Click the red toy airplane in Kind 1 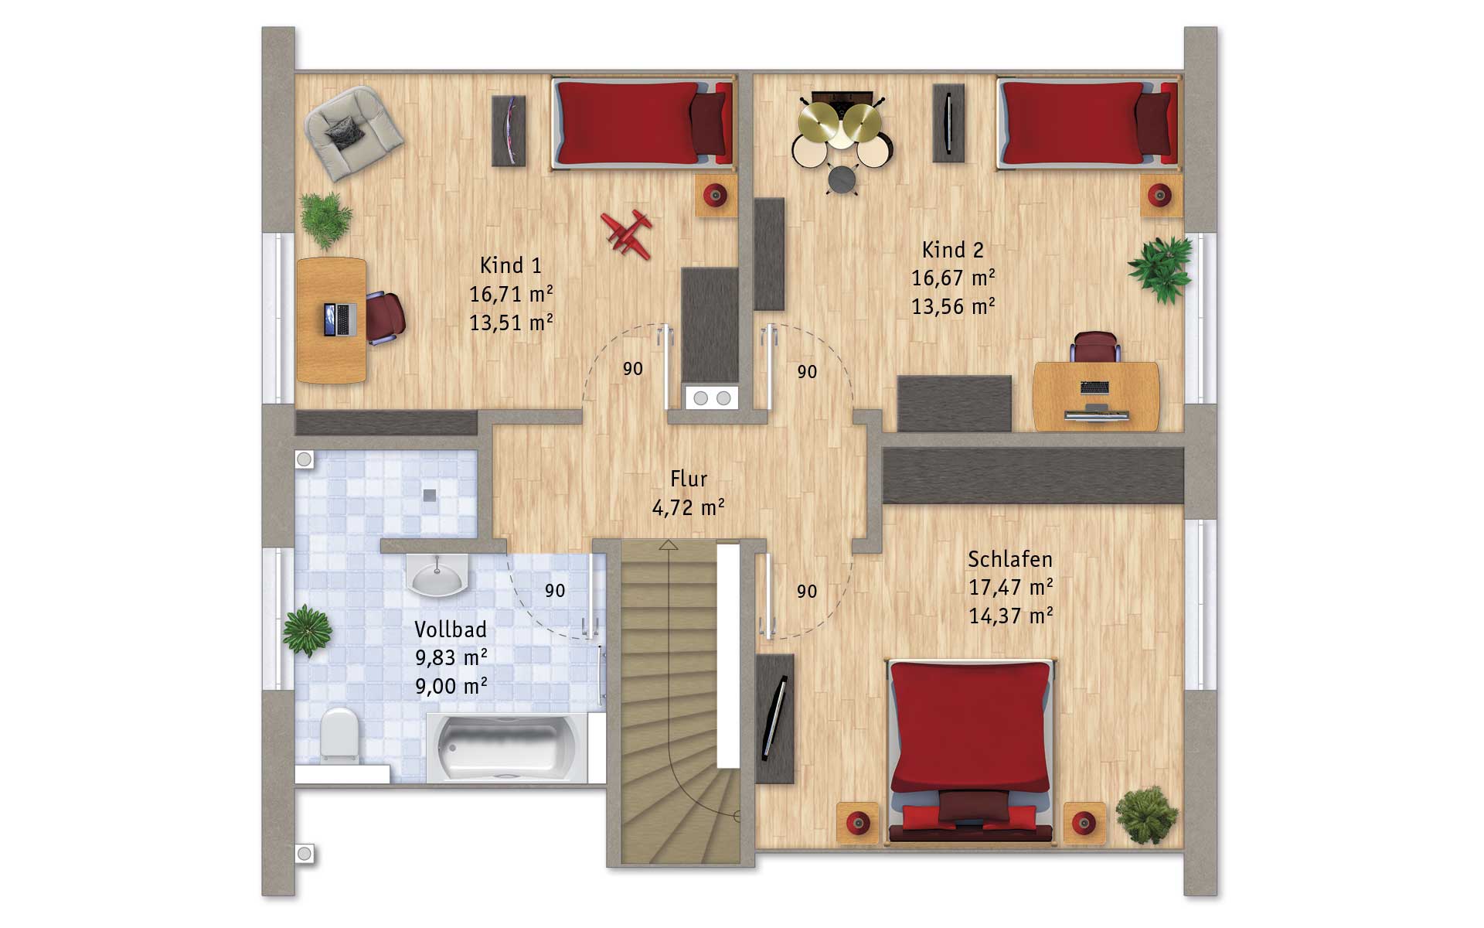[x=627, y=233]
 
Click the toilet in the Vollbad [x=339, y=734]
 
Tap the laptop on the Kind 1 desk [x=340, y=319]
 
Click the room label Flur [x=689, y=479]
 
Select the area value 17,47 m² [x=1010, y=588]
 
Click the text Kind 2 [x=952, y=250]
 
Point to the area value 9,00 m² [x=451, y=686]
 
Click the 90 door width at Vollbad [x=555, y=591]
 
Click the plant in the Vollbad [x=307, y=631]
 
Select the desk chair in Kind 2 [x=1095, y=346]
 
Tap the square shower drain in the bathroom [x=430, y=495]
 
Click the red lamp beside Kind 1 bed [x=716, y=195]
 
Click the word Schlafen [x=1010, y=559]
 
